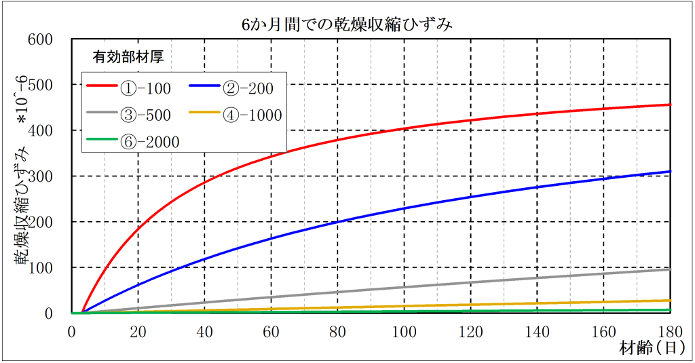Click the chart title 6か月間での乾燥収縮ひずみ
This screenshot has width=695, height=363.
click(x=347, y=25)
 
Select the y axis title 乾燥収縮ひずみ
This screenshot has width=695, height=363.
click(x=22, y=204)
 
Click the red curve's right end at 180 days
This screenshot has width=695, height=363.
click(x=670, y=104)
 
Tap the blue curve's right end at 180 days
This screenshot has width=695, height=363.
click(x=670, y=172)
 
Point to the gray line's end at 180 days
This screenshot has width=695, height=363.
click(x=670, y=269)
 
